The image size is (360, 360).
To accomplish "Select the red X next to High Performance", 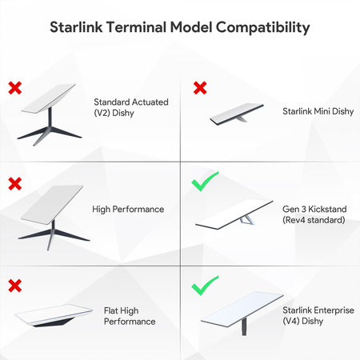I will pos(14,183).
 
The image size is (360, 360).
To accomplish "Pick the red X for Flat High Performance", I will pos(14,284).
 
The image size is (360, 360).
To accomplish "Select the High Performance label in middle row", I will pos(128,210).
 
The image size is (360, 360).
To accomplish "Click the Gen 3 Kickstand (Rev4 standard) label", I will pos(313,214).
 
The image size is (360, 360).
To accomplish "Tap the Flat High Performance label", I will pos(130,315).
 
